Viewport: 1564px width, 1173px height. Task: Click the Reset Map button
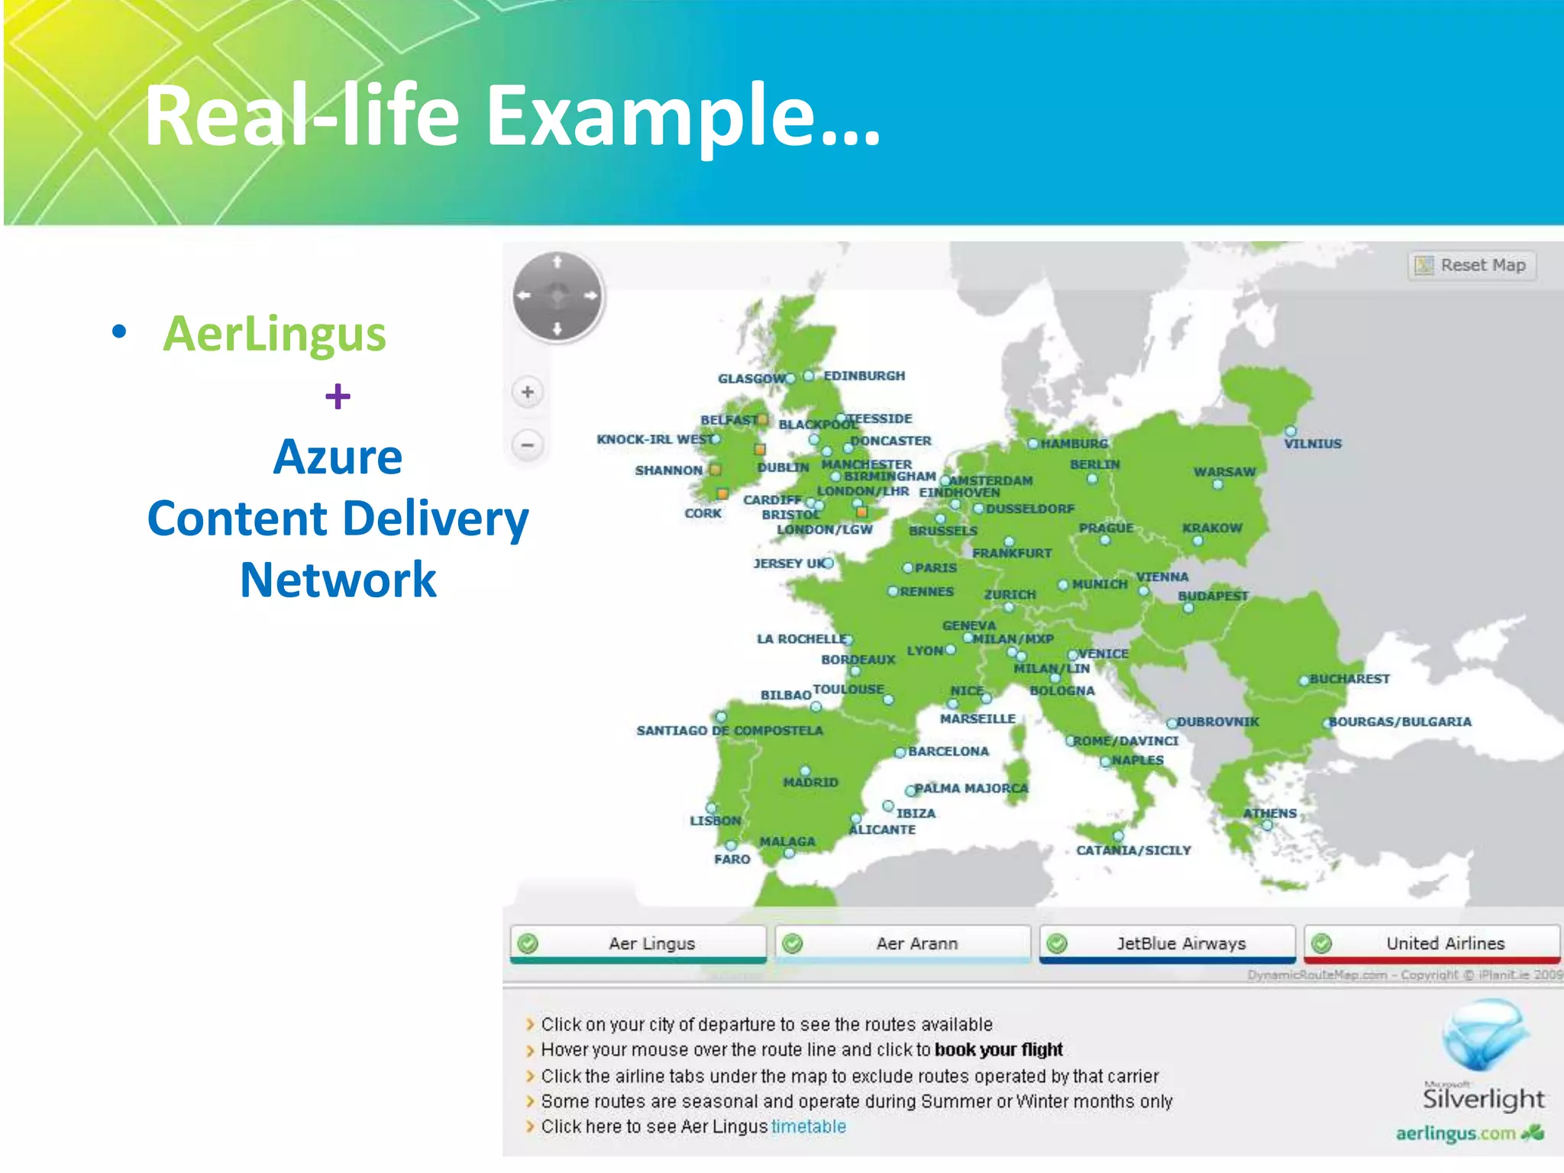point(1472,266)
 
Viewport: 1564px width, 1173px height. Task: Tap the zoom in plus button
point(527,393)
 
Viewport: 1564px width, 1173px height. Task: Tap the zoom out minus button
point(527,444)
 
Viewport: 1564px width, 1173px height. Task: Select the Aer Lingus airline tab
point(638,943)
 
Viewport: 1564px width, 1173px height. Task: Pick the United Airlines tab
point(1432,943)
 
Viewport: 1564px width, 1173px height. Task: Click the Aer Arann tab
point(903,943)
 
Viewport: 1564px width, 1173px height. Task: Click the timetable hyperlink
point(808,1126)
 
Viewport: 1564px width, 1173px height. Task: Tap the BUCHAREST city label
point(1349,679)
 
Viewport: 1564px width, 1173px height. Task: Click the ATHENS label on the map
point(1269,813)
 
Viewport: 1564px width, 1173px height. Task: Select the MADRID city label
point(810,783)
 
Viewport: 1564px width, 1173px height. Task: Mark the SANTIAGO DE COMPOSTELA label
point(729,731)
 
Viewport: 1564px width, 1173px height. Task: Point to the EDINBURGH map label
point(864,376)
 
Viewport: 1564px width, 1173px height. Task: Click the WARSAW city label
point(1224,472)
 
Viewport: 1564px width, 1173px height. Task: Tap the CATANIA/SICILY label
point(1133,851)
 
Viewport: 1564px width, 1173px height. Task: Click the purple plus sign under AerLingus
point(338,396)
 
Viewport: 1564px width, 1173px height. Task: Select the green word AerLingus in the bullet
point(274,334)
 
